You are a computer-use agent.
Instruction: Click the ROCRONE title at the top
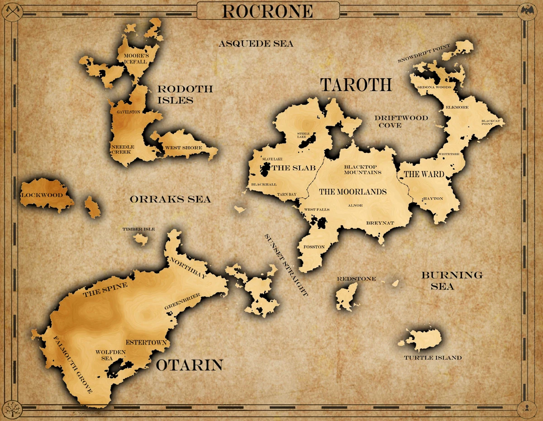click(x=268, y=11)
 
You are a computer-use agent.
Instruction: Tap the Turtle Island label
click(x=433, y=358)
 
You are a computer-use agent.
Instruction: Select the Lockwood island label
click(x=42, y=195)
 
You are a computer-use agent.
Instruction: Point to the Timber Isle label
click(x=138, y=229)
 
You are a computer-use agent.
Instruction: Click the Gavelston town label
click(x=129, y=112)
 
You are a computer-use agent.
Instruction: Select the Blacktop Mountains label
click(x=362, y=169)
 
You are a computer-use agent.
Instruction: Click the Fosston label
click(x=314, y=247)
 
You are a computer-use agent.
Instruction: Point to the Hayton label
click(x=433, y=199)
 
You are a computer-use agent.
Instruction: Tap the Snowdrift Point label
click(x=424, y=53)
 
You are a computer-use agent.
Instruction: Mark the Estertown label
click(x=146, y=342)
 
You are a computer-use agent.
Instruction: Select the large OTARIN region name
click(x=190, y=365)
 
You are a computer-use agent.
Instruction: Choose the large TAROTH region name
click(x=356, y=85)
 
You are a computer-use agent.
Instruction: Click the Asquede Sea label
click(x=256, y=44)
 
